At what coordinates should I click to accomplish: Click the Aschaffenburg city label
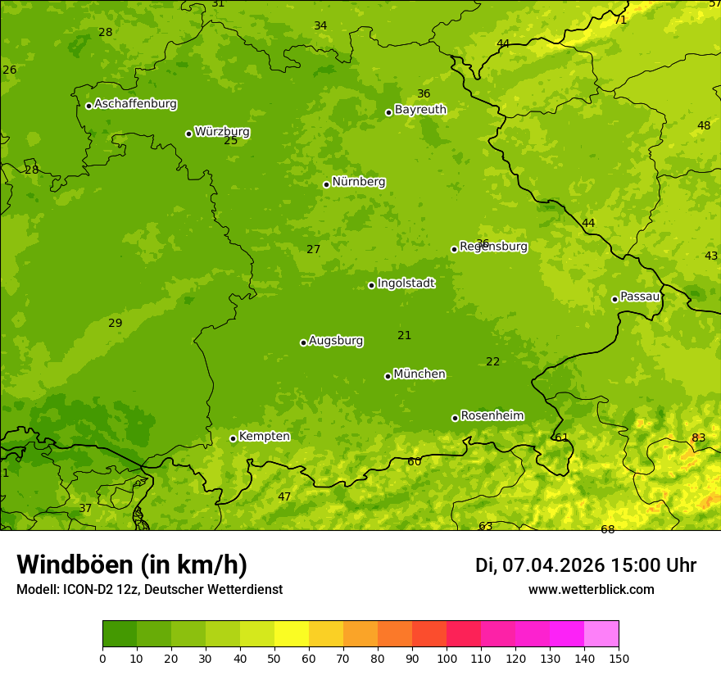(x=135, y=104)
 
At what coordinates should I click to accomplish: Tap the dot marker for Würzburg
(x=188, y=134)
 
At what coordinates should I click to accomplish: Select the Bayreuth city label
(x=420, y=110)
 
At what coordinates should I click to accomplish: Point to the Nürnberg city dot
(x=326, y=184)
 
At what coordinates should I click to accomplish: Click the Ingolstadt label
(x=406, y=283)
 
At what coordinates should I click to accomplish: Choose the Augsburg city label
(x=336, y=341)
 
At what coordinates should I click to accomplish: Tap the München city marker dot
(x=388, y=376)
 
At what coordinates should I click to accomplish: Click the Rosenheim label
(x=492, y=416)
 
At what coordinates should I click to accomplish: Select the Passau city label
(x=640, y=297)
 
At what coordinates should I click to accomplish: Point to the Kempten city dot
(x=233, y=438)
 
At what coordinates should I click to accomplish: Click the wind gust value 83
(x=698, y=437)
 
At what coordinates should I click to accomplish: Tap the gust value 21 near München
(x=404, y=335)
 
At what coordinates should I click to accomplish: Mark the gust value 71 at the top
(x=620, y=20)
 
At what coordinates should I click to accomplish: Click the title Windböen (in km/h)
(x=132, y=564)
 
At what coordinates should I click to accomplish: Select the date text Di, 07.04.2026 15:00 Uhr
(x=586, y=565)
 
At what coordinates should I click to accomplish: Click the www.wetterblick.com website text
(x=591, y=590)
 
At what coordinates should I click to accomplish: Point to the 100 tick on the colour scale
(x=447, y=658)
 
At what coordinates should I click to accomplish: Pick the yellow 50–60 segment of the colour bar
(x=292, y=634)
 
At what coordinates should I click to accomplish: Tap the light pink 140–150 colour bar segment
(x=601, y=634)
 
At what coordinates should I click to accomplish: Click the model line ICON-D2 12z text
(x=149, y=590)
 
